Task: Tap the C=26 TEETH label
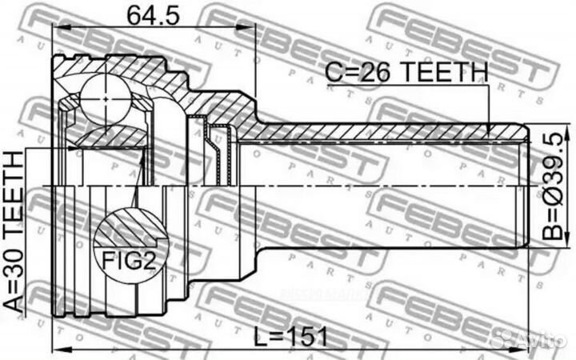(406, 74)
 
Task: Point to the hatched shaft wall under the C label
(384, 130)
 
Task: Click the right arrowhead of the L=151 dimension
(523, 350)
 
